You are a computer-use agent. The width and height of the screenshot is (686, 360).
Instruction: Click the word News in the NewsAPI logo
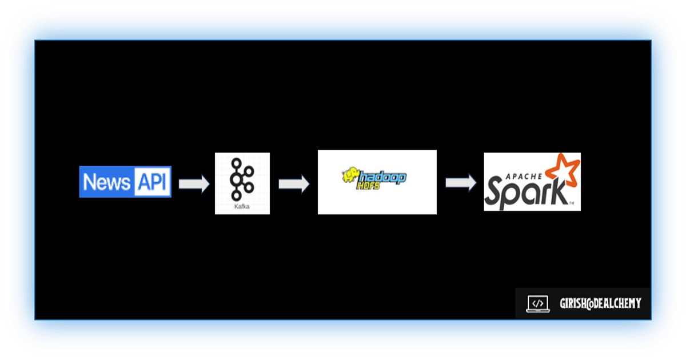[107, 182]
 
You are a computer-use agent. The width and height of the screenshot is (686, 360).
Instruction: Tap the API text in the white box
[152, 182]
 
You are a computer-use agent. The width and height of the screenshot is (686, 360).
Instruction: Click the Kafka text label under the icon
[242, 207]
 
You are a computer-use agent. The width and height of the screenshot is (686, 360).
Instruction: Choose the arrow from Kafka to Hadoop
[294, 184]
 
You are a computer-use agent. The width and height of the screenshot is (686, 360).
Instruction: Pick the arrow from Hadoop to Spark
[461, 182]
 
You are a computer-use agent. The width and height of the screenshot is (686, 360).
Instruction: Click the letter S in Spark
[495, 191]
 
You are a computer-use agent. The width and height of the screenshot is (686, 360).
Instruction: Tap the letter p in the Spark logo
[514, 194]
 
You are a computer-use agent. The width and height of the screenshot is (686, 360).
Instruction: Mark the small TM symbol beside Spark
[571, 203]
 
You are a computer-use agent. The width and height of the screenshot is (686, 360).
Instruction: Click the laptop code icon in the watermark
[537, 303]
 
